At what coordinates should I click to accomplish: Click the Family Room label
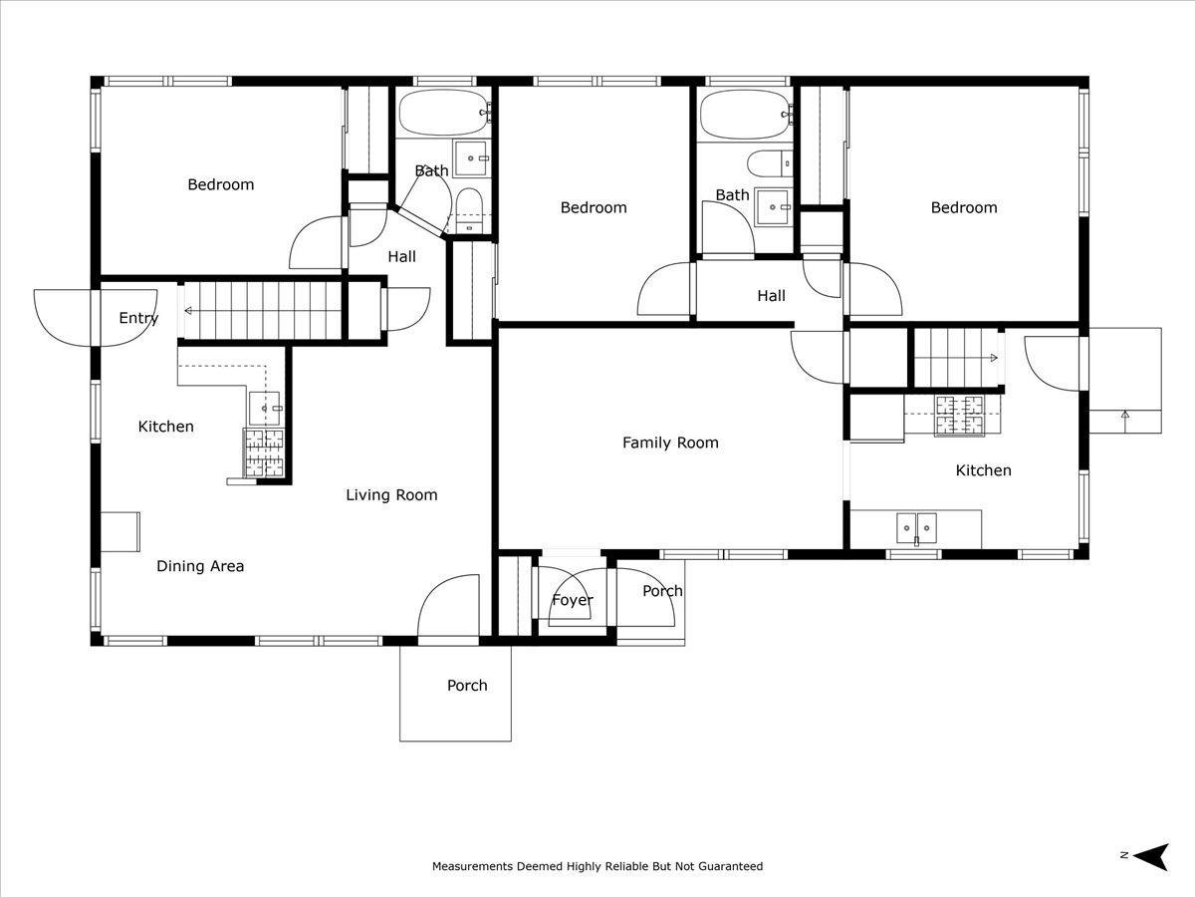click(x=670, y=443)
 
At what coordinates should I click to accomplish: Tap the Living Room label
click(x=391, y=495)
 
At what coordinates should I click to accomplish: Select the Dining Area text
click(x=200, y=566)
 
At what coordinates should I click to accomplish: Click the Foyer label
click(x=573, y=600)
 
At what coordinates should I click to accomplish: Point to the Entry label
click(x=138, y=318)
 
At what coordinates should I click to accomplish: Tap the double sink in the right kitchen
click(x=917, y=528)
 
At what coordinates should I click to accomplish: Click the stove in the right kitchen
click(x=959, y=416)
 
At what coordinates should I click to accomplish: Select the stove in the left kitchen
click(x=264, y=453)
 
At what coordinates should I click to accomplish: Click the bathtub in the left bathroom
click(x=443, y=113)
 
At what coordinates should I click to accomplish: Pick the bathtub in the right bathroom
click(x=745, y=114)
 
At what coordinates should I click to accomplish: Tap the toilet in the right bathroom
click(x=770, y=163)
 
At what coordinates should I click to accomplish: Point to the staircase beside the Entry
click(x=263, y=311)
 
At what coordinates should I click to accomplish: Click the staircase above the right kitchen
click(x=957, y=358)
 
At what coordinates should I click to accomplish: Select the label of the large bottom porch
click(x=467, y=685)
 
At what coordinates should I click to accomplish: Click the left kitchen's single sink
click(x=265, y=409)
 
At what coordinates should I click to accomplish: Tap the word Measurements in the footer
click(x=472, y=866)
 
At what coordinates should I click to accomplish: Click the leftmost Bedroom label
click(x=220, y=184)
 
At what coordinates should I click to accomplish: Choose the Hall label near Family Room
click(x=772, y=296)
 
